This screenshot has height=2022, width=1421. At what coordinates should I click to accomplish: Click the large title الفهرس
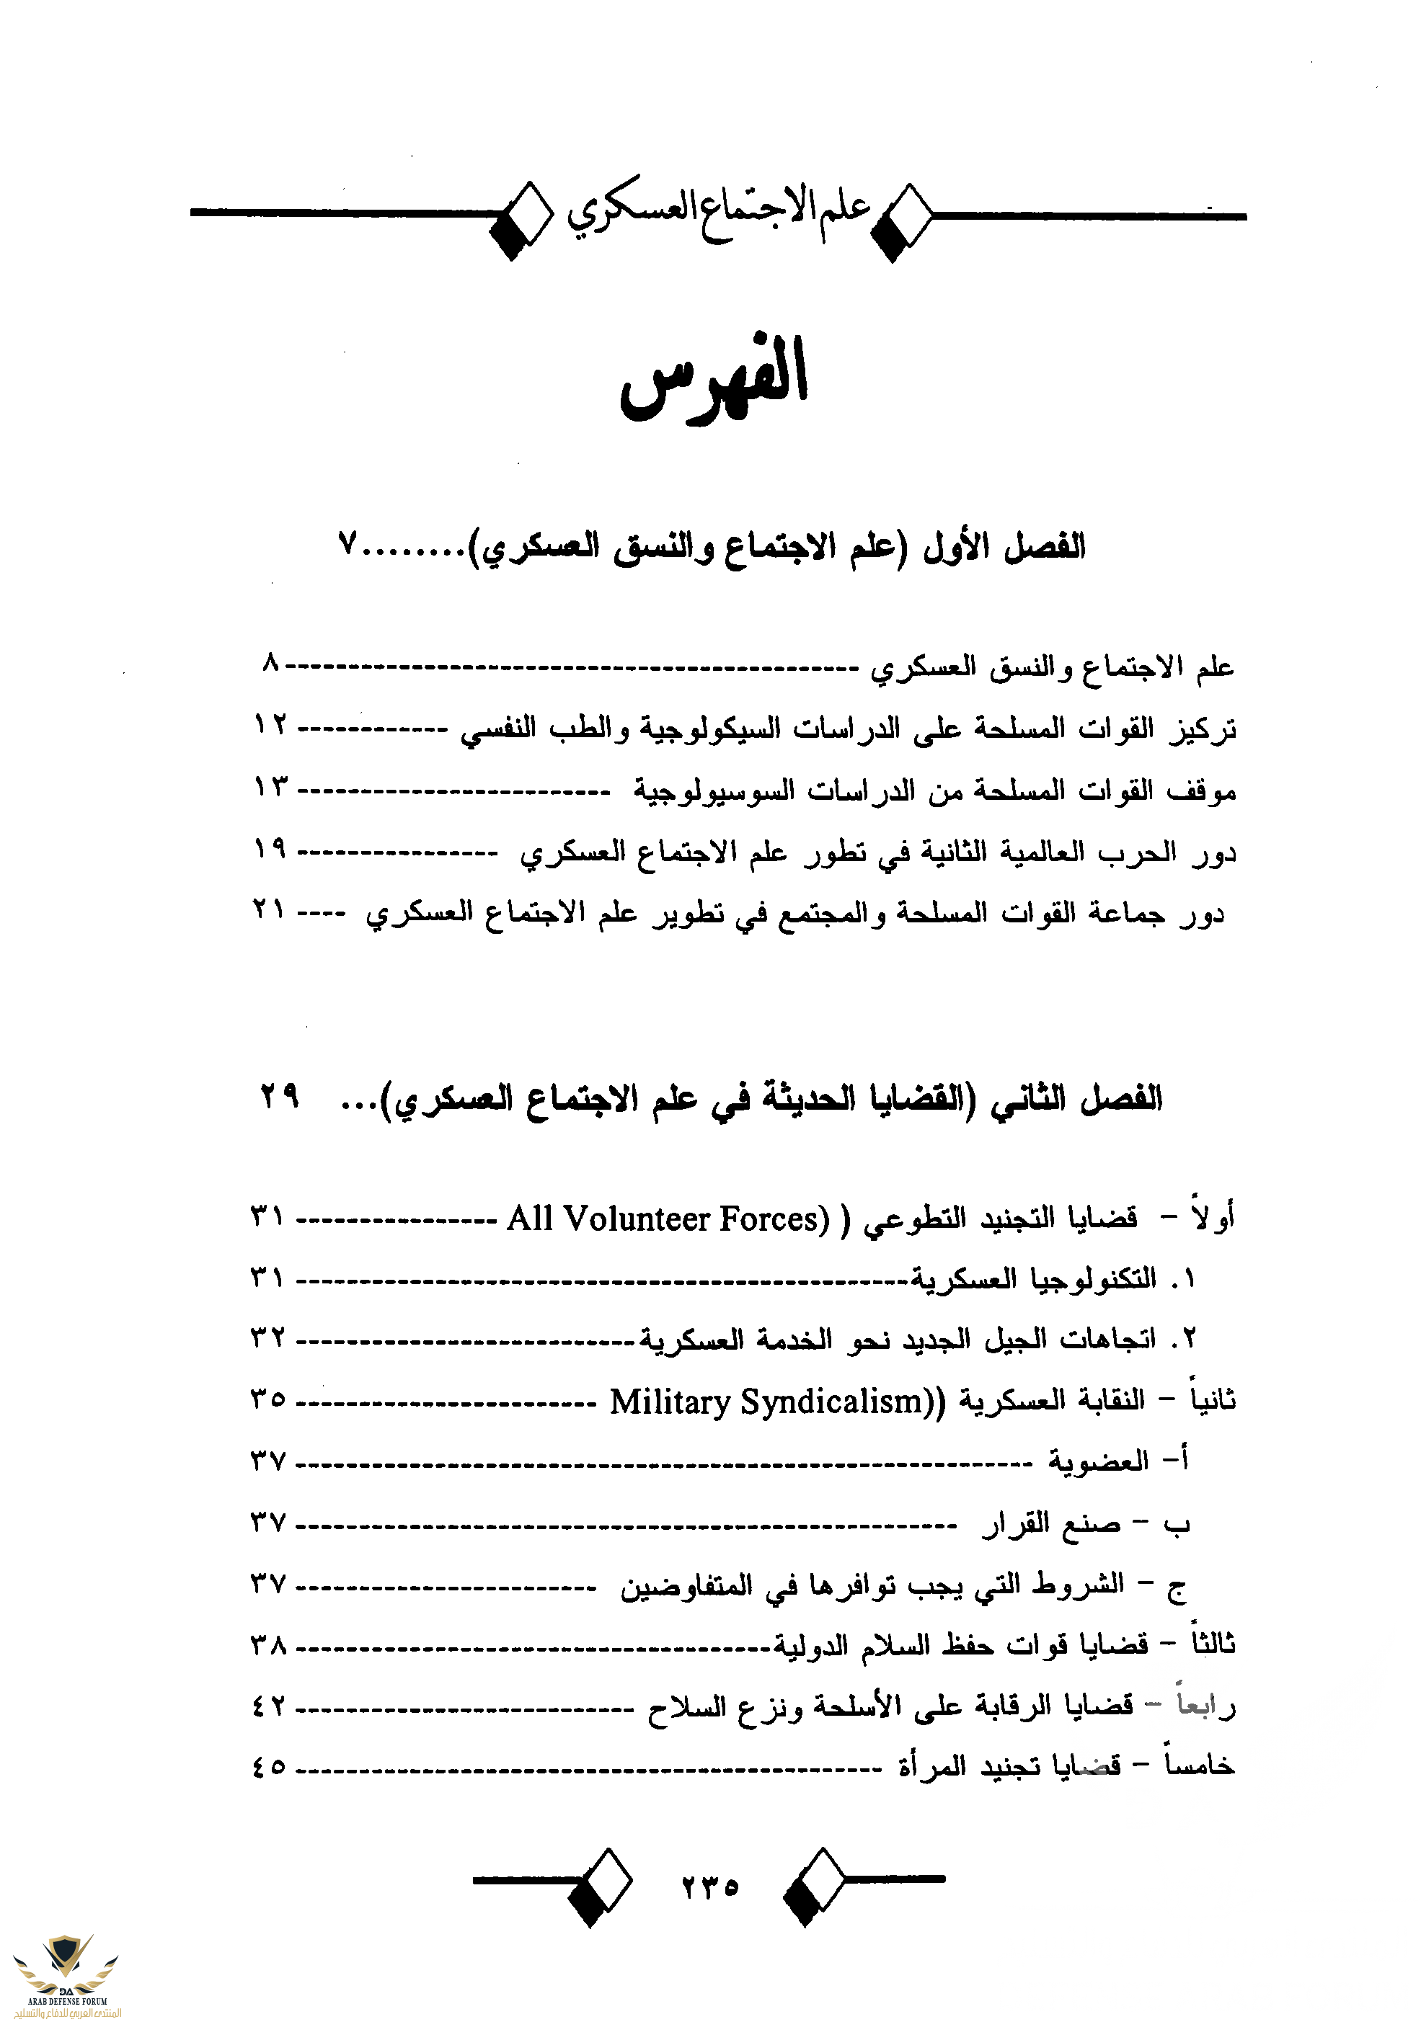click(x=714, y=379)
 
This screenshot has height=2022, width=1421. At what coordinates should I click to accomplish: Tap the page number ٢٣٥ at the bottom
click(x=710, y=1887)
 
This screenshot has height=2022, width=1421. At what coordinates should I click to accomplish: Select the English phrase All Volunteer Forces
click(x=668, y=1219)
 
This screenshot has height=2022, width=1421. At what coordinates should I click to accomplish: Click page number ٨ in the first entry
click(x=270, y=663)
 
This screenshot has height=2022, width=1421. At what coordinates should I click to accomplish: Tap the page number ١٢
click(x=270, y=726)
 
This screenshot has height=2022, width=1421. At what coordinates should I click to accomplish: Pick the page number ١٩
click(x=270, y=849)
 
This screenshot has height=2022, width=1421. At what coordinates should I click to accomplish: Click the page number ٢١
click(x=269, y=909)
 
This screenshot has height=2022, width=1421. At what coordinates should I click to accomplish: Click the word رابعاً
click(x=1206, y=1705)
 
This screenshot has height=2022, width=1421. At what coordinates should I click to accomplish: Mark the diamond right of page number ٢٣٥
click(x=813, y=1887)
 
